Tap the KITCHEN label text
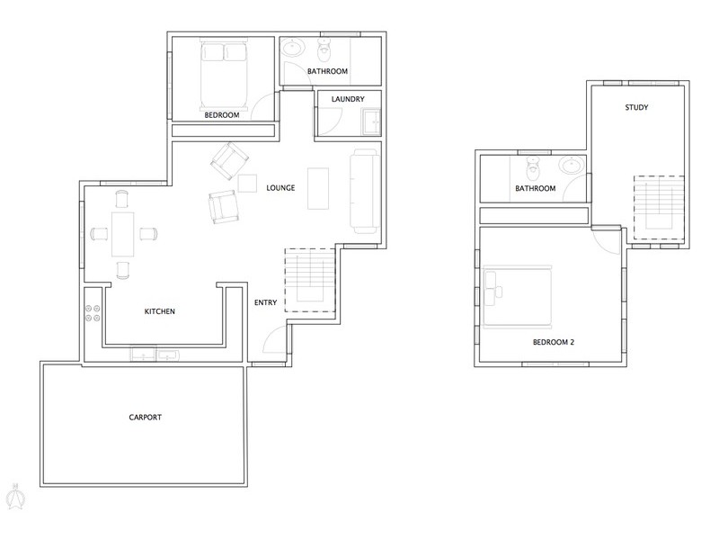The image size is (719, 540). [x=159, y=312]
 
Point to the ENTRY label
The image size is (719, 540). [x=267, y=301]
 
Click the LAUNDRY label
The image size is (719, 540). [x=347, y=98]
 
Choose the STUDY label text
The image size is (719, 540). [x=637, y=108]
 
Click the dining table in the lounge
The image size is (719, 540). [x=122, y=232]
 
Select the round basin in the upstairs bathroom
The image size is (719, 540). [x=570, y=166]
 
